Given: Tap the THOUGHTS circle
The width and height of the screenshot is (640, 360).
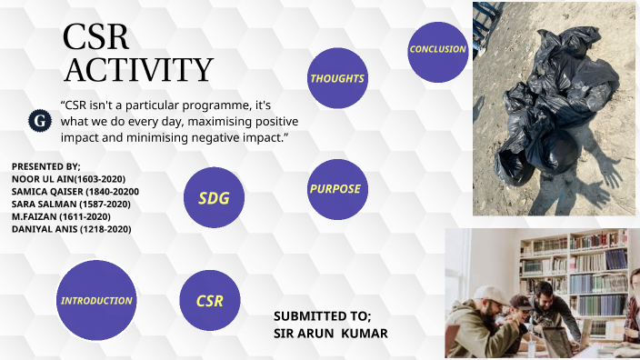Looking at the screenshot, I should click(337, 79).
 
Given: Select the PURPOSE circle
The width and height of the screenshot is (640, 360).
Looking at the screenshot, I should click(336, 189).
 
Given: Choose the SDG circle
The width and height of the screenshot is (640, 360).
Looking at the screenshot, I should click(215, 197).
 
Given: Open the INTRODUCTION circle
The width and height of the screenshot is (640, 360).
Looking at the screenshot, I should click(96, 300).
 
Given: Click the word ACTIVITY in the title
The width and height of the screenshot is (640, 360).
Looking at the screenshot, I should click(138, 69).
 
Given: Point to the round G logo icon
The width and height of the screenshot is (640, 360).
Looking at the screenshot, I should click(40, 120).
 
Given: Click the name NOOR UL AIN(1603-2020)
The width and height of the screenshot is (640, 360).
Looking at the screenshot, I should click(68, 179).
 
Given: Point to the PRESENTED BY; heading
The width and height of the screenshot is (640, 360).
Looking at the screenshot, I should click(46, 166).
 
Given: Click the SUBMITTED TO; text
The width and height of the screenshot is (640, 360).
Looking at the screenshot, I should click(322, 316).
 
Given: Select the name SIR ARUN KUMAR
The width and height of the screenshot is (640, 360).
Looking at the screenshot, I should click(330, 334).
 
